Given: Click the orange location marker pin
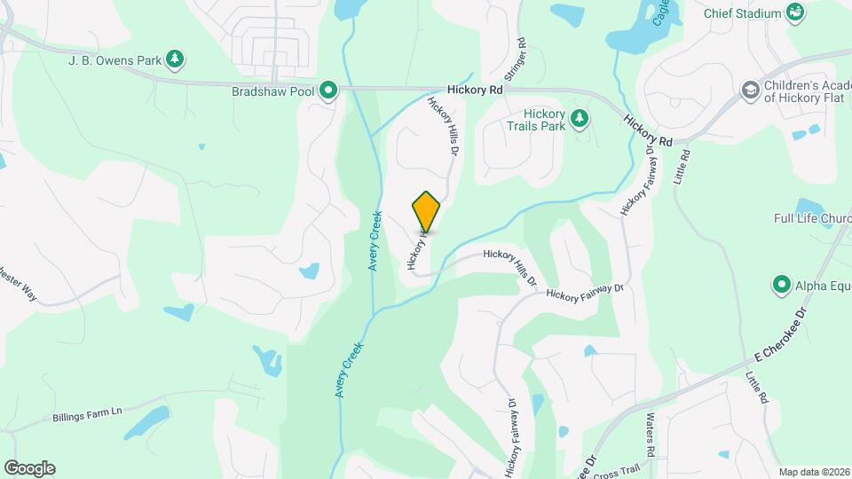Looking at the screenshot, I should click(x=426, y=211).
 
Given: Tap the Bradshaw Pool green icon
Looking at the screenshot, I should click(x=328, y=90).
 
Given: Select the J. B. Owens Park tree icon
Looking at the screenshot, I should click(x=176, y=59).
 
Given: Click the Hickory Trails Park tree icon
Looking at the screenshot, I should click(x=580, y=117).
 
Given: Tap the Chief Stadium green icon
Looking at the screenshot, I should click(x=796, y=12).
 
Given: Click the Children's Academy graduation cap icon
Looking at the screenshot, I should click(x=750, y=90).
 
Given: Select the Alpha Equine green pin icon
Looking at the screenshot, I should click(x=782, y=285).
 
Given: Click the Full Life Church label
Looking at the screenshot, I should click(x=811, y=218).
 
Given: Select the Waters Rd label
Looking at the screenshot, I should click(x=651, y=436).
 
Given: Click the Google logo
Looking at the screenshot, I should click(x=29, y=468).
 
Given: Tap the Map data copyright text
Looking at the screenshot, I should click(x=813, y=472).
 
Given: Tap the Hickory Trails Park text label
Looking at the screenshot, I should click(x=544, y=121).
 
